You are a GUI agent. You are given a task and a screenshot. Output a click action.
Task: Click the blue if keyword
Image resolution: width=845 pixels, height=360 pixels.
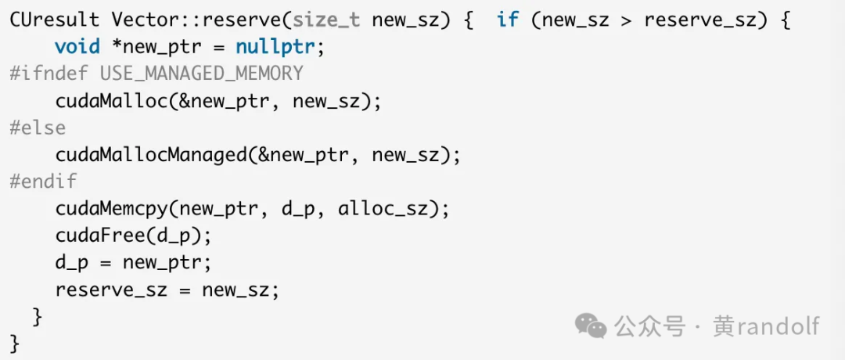[x=508, y=20]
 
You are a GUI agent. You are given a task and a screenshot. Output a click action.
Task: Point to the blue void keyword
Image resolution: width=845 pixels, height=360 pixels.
[x=77, y=47]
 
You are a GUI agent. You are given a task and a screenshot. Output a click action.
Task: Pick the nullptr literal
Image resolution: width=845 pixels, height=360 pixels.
[x=280, y=47]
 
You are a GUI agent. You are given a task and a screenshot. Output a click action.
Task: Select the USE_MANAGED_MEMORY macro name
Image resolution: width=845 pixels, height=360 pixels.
[x=202, y=74]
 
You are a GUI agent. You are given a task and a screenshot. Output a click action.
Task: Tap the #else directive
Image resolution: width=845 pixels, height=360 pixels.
[x=38, y=128]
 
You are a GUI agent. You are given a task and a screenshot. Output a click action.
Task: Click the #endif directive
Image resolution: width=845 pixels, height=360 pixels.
[x=44, y=182]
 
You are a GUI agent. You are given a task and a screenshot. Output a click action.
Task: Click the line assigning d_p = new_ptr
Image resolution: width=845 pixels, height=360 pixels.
[x=133, y=263]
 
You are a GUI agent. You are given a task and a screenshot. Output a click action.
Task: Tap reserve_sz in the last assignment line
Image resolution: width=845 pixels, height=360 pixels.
[x=111, y=290]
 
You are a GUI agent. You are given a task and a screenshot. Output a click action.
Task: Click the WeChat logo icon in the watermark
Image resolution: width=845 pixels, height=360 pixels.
[x=591, y=325]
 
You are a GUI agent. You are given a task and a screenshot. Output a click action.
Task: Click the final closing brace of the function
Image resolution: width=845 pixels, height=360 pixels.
[x=15, y=343]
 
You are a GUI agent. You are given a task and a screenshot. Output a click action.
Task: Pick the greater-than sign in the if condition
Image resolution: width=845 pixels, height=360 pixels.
[x=627, y=20]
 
